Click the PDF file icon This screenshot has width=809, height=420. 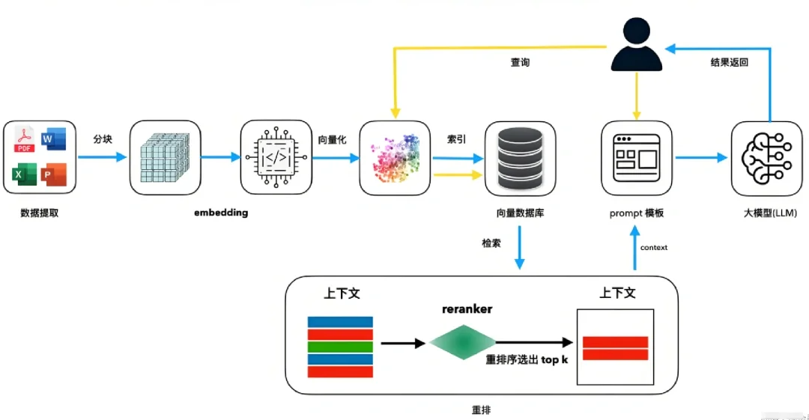(25, 140)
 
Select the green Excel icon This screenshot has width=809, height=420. (22, 174)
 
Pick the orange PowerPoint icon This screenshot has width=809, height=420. (54, 174)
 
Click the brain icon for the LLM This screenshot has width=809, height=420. (766, 157)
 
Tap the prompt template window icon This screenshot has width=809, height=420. (637, 157)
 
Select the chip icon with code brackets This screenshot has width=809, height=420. (274, 157)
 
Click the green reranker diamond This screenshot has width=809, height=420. (463, 342)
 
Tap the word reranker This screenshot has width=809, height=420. (467, 308)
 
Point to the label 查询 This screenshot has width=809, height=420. (520, 63)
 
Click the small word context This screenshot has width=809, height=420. (654, 248)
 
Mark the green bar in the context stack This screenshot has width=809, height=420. (340, 347)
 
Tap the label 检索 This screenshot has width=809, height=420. (491, 244)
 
